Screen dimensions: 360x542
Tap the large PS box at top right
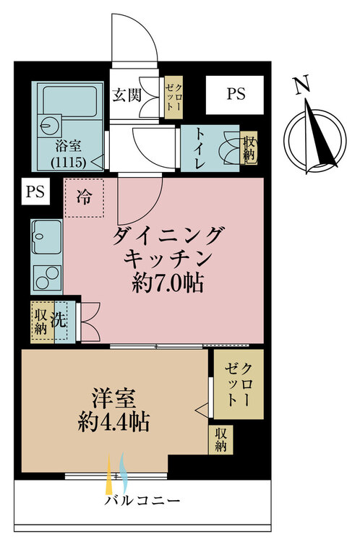(235, 95)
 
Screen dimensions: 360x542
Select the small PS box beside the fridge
(35, 192)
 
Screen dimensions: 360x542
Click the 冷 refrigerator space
(84, 197)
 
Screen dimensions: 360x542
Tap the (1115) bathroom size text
(68, 161)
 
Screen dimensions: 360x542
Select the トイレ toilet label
(200, 149)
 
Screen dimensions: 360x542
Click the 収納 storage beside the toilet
(249, 148)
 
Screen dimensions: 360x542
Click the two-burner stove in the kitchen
(48, 278)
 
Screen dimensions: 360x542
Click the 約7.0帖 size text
(168, 283)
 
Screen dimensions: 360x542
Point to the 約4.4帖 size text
(113, 421)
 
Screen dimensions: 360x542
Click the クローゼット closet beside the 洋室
(239, 384)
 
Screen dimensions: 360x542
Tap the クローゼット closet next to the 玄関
(173, 97)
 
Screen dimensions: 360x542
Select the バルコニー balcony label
(142, 500)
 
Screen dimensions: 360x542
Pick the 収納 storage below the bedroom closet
(220, 439)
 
